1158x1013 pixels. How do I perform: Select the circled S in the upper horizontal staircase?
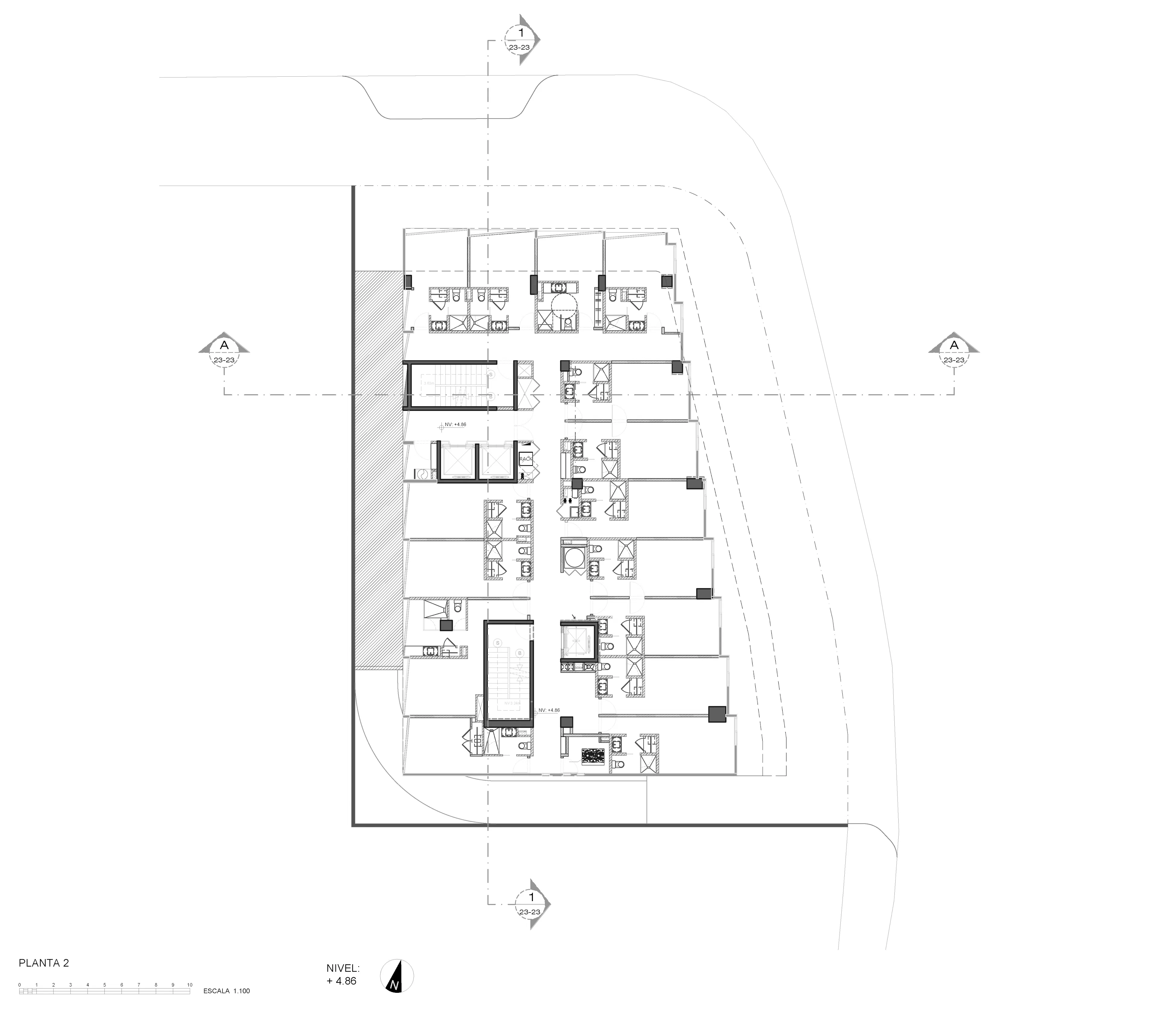click(x=491, y=374)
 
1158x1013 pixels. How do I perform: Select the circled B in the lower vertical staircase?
click(x=519, y=653)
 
